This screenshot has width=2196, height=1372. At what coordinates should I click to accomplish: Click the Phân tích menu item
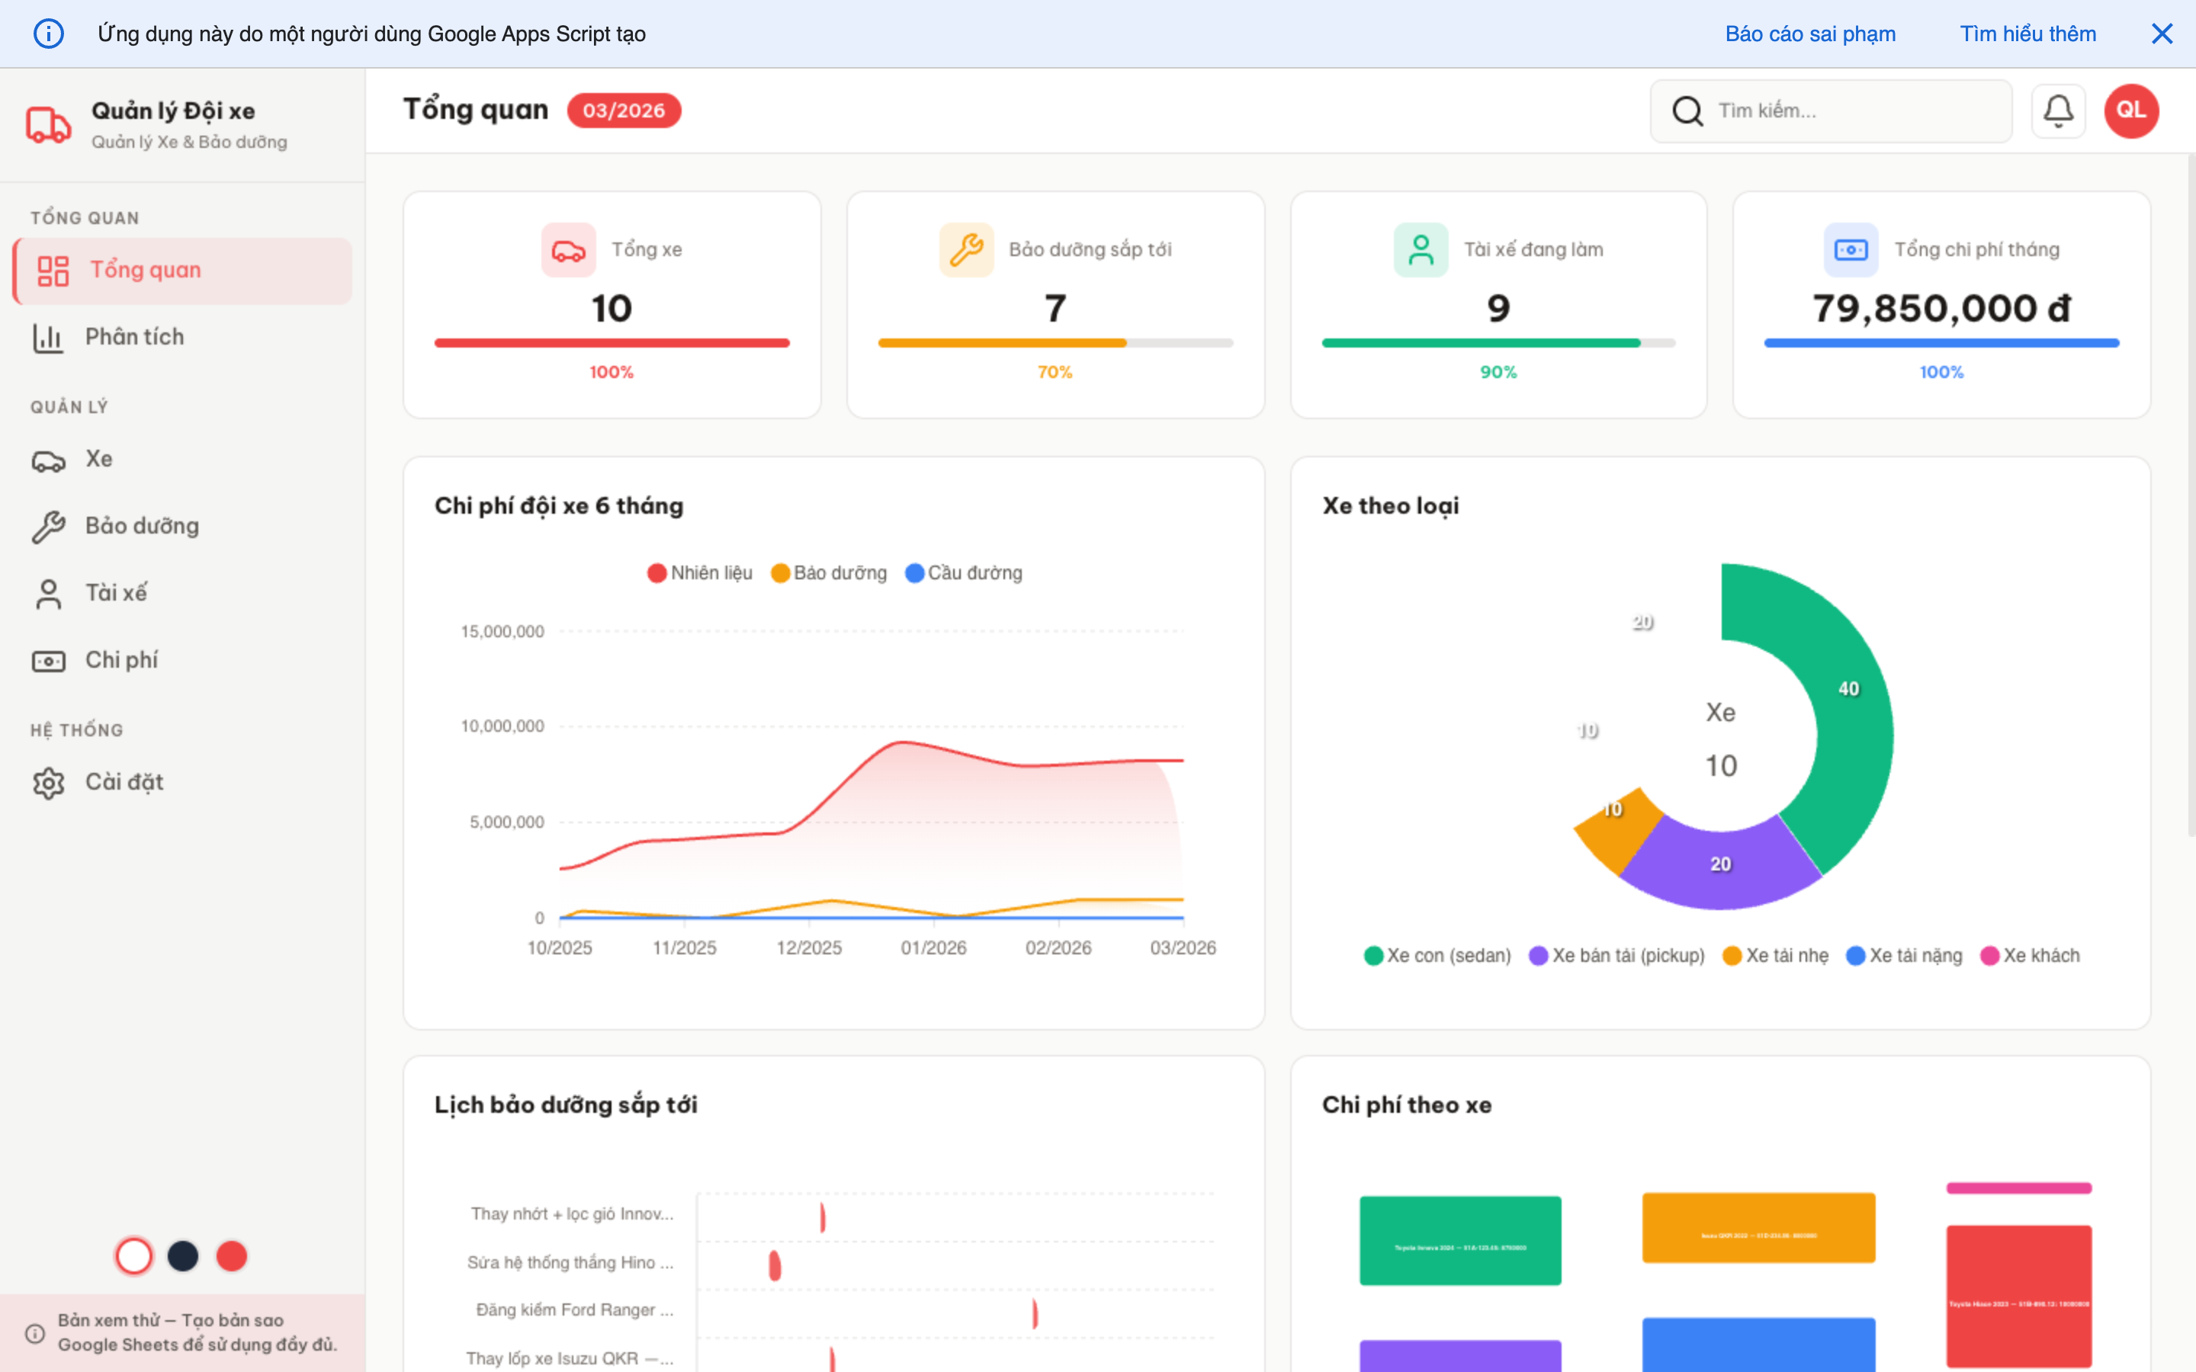[134, 338]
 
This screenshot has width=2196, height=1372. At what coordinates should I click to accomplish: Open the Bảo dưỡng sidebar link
[142, 526]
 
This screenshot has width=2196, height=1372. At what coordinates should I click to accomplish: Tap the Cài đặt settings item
[124, 782]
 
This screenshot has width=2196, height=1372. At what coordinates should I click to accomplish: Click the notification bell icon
[2057, 111]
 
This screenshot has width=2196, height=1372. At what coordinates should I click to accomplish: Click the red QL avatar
[2130, 111]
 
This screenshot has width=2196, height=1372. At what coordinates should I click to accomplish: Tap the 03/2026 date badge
[624, 111]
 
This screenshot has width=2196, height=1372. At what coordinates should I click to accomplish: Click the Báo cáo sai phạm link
[1809, 34]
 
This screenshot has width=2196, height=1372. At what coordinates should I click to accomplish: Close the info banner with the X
[2162, 34]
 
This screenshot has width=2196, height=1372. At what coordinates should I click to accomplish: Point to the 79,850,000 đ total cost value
[1941, 309]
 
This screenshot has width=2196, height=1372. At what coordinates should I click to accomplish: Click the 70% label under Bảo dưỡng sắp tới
[1055, 372]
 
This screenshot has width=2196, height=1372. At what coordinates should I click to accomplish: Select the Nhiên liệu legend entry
[701, 573]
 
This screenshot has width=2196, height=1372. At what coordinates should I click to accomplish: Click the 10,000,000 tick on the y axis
[502, 726]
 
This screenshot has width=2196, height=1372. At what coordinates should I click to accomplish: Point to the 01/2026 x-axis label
[933, 948]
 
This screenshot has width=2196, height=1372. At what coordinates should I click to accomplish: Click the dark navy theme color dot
[182, 1256]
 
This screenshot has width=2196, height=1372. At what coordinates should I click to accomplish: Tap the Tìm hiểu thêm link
[2027, 34]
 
